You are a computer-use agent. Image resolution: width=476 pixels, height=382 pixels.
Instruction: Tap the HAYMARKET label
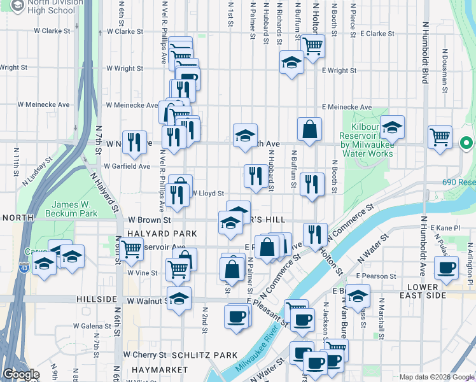click(151, 369)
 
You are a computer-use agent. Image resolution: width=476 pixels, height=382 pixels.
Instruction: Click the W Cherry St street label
click(144, 354)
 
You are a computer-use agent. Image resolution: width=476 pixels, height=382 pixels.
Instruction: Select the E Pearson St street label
click(376, 276)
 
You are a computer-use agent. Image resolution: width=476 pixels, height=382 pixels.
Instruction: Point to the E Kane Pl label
click(445, 227)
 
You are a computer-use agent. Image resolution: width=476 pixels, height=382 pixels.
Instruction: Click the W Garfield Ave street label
click(128, 166)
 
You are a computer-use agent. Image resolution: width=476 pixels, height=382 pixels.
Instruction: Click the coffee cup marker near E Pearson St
click(445, 267)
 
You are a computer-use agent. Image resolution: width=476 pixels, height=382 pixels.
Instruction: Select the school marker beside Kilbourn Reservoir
click(392, 127)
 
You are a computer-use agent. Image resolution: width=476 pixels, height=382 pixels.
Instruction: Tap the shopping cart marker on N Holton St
click(312, 46)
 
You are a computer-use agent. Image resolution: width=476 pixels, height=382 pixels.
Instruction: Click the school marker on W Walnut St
click(179, 298)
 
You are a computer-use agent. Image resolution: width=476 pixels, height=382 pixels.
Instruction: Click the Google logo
click(21, 374)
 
